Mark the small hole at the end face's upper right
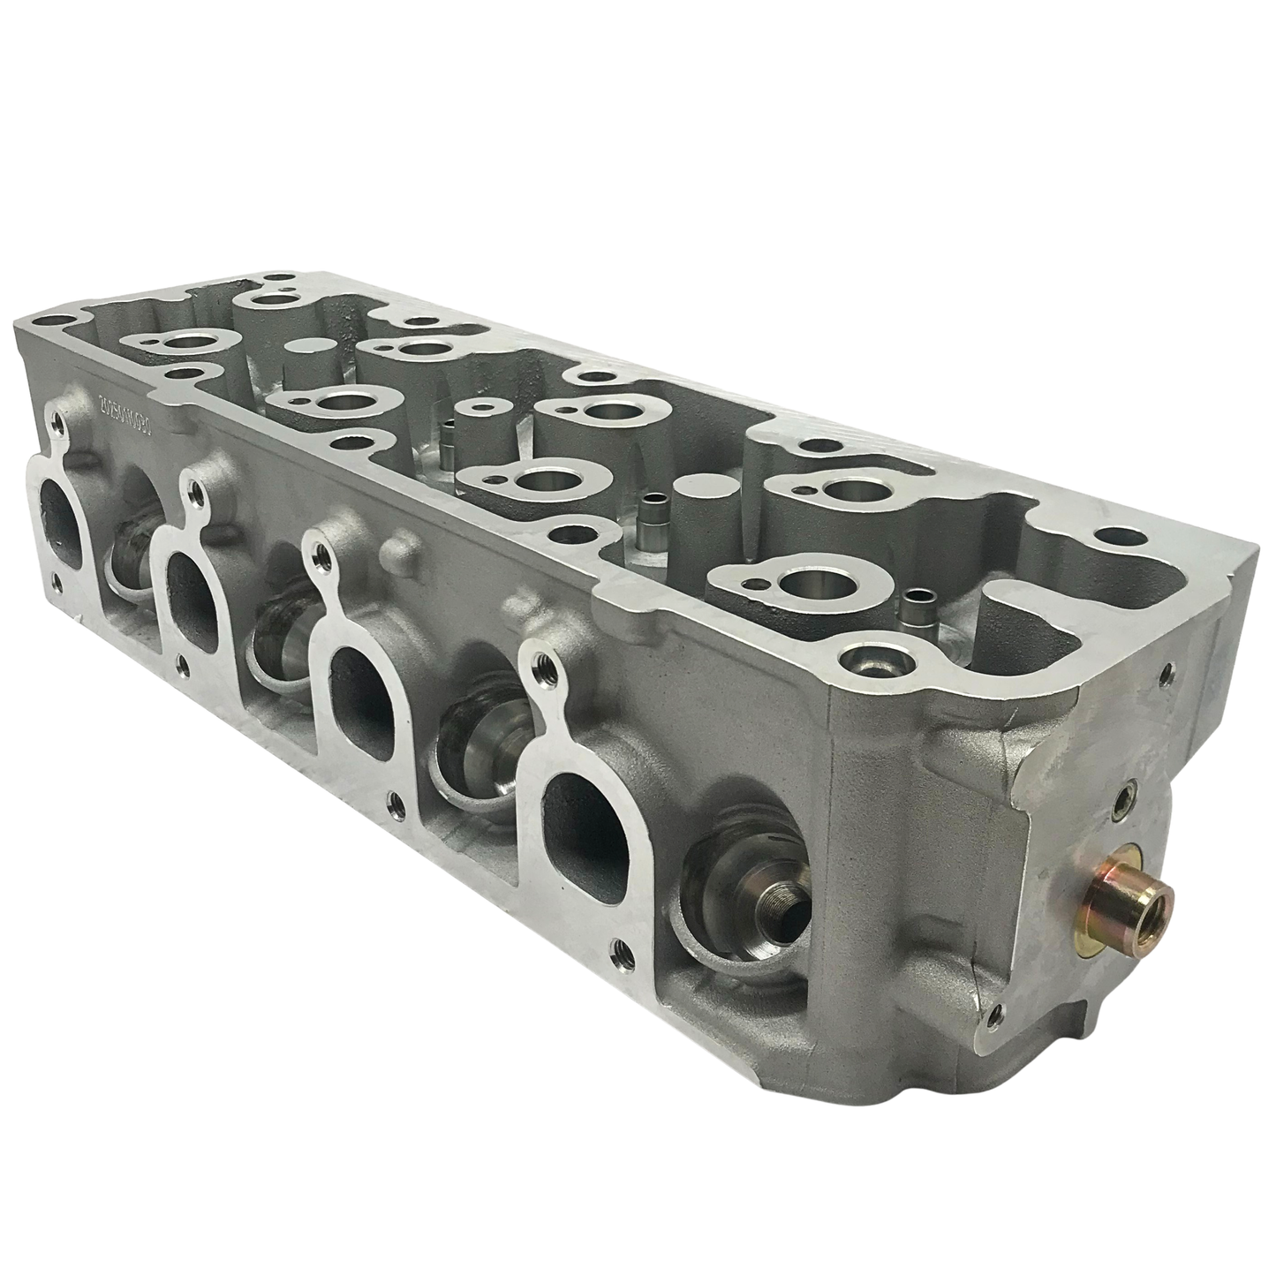(x=1170, y=673)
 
